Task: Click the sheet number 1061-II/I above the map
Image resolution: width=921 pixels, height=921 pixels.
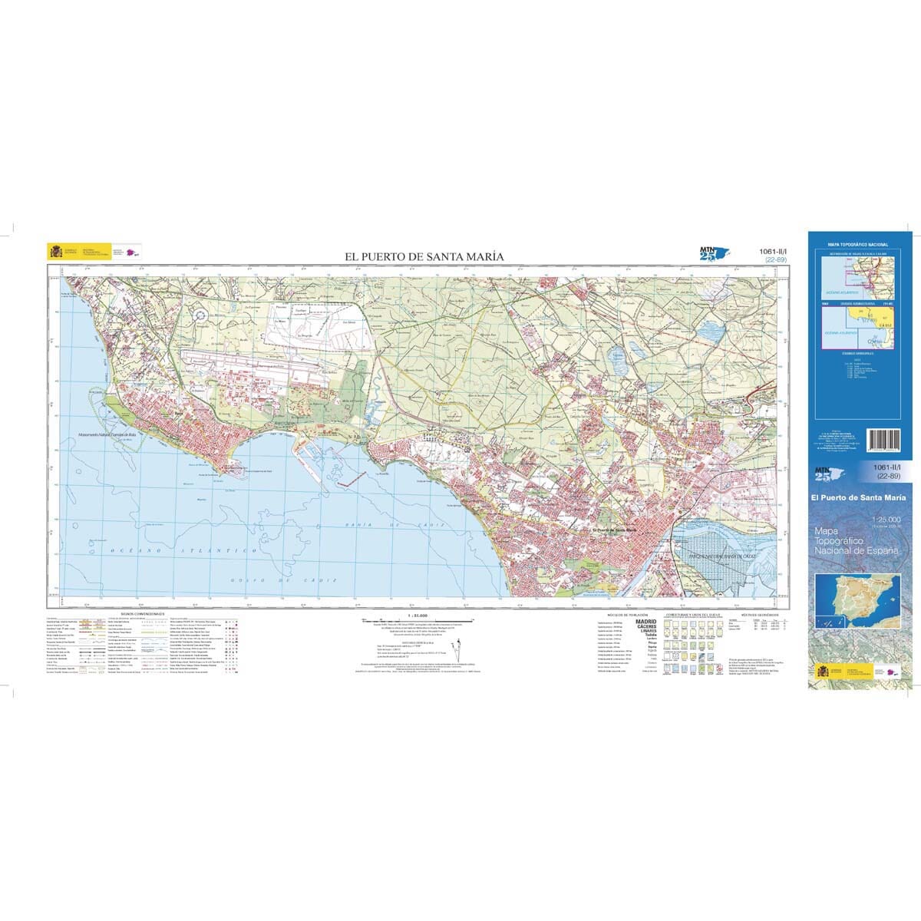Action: point(772,251)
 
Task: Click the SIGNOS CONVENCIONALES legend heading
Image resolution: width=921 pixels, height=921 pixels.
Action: point(145,615)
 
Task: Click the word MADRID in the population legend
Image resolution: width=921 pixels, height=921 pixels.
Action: point(646,622)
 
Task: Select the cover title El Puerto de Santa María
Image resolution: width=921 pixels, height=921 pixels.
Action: point(858,498)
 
